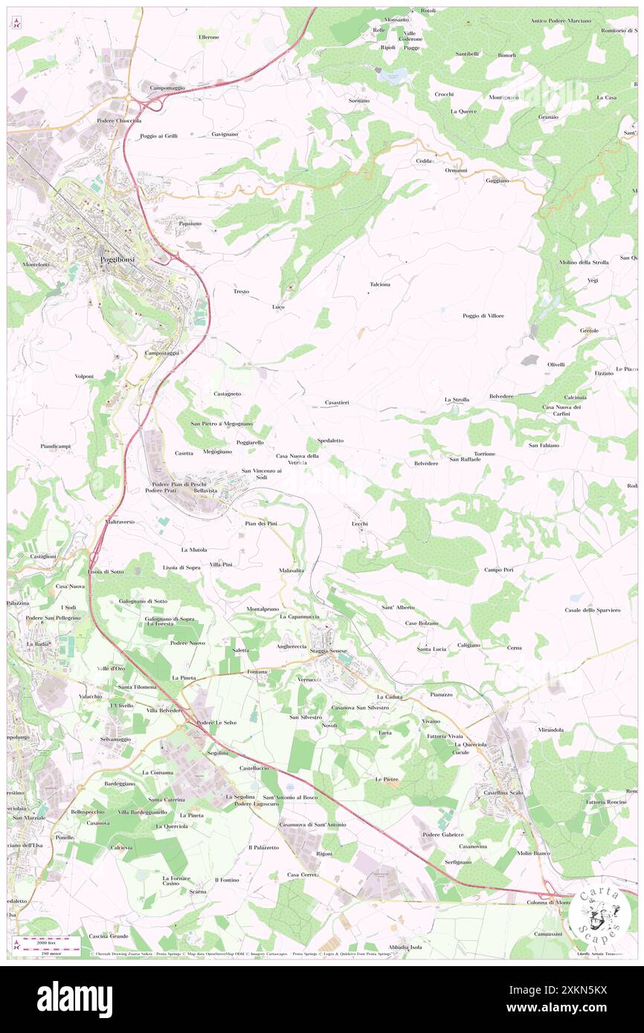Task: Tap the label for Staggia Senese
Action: pos(329,651)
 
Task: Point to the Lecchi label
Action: pos(360,524)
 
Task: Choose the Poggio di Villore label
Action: pos(483,316)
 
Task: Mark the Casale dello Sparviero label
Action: pos(592,610)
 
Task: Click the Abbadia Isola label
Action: pos(405,947)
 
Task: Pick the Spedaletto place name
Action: pos(330,441)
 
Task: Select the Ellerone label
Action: pos(208,36)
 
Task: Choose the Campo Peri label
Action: pos(498,570)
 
